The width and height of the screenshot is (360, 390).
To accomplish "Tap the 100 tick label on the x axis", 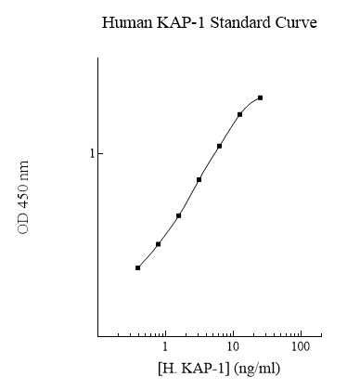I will tap(300, 346).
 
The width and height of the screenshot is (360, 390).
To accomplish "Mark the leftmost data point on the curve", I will tap(137, 267).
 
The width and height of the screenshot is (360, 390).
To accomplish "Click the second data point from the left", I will tap(159, 244).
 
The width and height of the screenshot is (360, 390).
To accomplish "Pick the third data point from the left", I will tap(178, 215).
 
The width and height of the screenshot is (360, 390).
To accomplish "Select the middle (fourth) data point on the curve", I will tap(199, 179).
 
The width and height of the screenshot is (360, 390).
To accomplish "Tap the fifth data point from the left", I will tap(219, 146).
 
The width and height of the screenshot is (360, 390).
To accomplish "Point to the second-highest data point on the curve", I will tap(239, 114).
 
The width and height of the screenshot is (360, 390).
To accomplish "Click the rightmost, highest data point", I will tap(261, 97).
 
